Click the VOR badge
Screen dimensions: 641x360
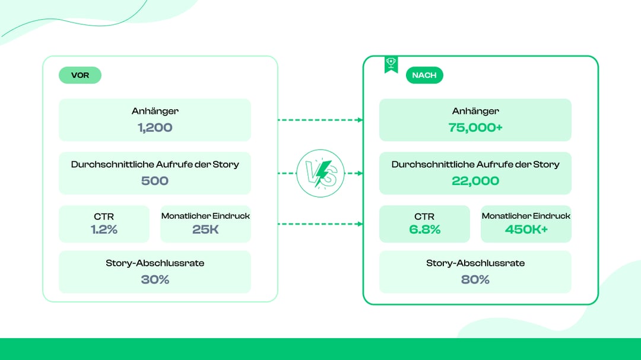(x=80, y=75)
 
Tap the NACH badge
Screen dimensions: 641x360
(x=424, y=75)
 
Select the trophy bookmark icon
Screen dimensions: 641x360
(x=391, y=65)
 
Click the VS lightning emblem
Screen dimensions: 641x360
(x=320, y=173)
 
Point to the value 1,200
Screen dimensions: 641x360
(x=155, y=128)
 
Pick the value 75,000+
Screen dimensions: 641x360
(x=475, y=128)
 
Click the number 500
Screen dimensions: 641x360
(x=155, y=181)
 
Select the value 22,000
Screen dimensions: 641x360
(x=475, y=181)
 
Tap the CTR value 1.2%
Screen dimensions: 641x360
(x=104, y=230)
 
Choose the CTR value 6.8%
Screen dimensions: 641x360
(x=425, y=230)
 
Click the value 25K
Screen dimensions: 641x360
(x=205, y=230)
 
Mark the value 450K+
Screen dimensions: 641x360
(x=526, y=230)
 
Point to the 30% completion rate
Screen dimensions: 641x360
(x=155, y=279)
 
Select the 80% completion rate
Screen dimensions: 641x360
(x=475, y=279)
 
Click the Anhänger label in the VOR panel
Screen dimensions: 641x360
(x=155, y=111)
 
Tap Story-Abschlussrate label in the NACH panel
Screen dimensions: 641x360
(x=475, y=263)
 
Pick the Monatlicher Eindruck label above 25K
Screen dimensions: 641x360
(x=205, y=216)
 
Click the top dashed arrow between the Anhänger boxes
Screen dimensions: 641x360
(x=320, y=120)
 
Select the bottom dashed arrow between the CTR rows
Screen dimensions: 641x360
(x=320, y=224)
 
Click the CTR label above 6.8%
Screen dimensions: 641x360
(x=424, y=216)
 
